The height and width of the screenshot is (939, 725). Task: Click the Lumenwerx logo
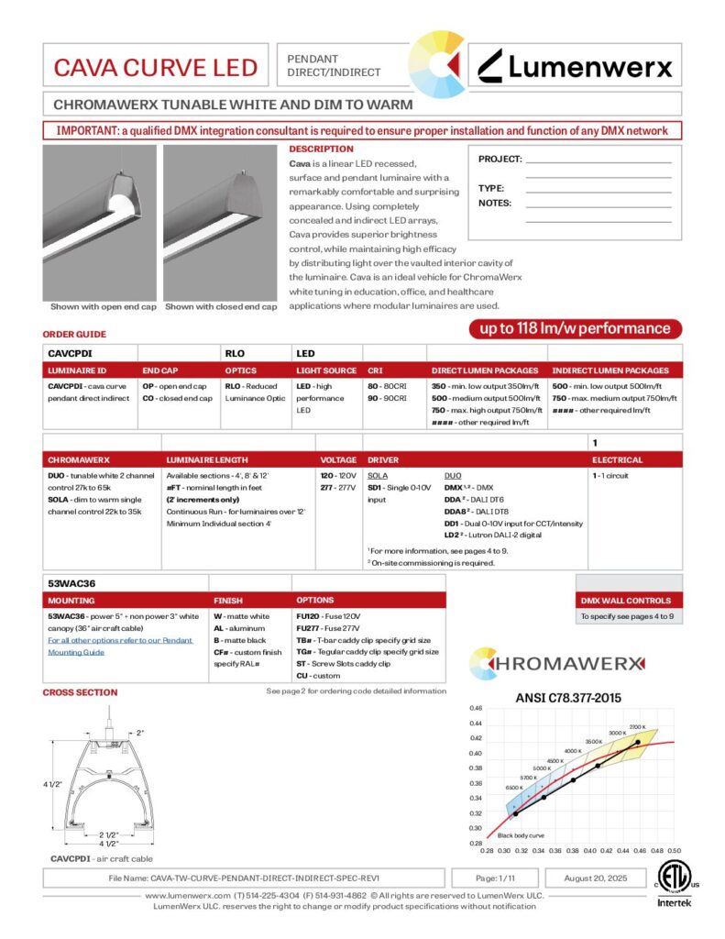(x=576, y=66)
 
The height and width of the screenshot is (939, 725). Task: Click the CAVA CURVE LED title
(x=155, y=66)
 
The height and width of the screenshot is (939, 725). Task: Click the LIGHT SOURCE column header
(x=326, y=370)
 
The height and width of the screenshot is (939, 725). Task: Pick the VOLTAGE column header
(x=338, y=459)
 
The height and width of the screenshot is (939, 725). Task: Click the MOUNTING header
(x=71, y=600)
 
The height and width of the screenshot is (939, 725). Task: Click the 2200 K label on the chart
(x=638, y=726)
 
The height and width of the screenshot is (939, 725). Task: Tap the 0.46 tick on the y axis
(x=476, y=709)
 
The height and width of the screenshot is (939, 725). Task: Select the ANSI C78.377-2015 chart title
(x=576, y=698)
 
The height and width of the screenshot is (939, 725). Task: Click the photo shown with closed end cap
(x=220, y=221)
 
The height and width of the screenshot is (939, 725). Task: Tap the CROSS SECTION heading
(x=81, y=692)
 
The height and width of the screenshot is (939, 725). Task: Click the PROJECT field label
(x=500, y=160)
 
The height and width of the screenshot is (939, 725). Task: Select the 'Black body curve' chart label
(x=521, y=835)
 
